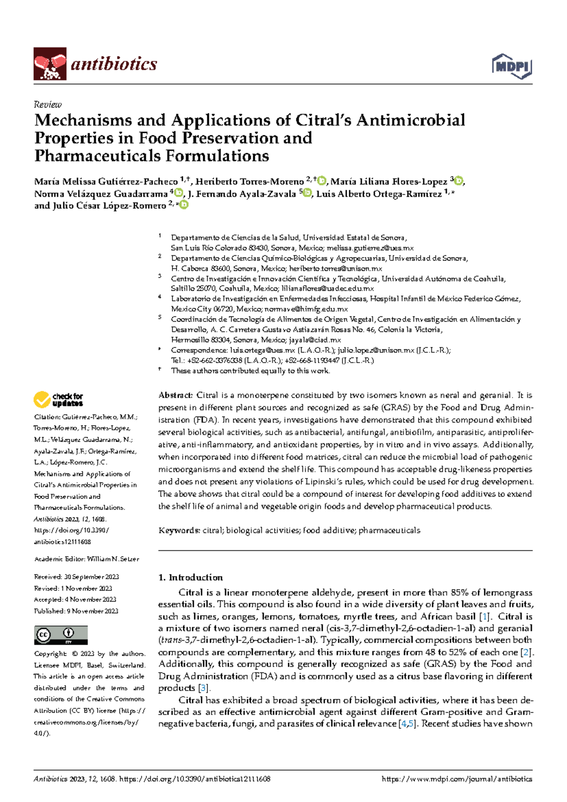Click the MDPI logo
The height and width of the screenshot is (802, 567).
(512, 66)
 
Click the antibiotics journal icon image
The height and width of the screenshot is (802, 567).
(50, 63)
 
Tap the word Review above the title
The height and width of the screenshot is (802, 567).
(48, 105)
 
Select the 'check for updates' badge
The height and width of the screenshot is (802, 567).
(58, 400)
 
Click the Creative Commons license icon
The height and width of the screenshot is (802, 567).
(61, 635)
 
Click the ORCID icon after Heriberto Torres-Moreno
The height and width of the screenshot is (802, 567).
(322, 181)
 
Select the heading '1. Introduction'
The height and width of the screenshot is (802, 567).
(190, 577)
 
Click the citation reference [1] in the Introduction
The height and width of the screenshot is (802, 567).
(484, 617)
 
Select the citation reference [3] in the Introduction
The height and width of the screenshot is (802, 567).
(204, 688)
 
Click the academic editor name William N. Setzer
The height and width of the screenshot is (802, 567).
(113, 559)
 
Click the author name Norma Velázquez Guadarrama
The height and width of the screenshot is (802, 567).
(101, 194)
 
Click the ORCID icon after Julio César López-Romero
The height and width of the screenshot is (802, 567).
(184, 205)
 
